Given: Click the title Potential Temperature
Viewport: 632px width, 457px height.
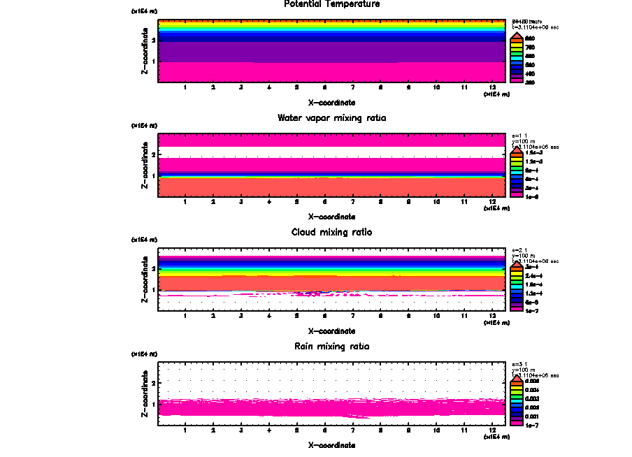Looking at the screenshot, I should (331, 4).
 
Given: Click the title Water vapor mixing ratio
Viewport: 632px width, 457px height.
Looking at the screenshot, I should (331, 118).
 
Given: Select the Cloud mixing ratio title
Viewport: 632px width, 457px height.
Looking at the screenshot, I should (331, 232).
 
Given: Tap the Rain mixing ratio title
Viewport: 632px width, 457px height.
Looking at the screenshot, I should (331, 347).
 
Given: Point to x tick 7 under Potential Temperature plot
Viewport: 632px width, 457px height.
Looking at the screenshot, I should (352, 87).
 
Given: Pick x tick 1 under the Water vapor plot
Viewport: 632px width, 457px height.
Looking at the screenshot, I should (185, 202).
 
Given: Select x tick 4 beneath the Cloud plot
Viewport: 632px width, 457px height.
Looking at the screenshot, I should (269, 316).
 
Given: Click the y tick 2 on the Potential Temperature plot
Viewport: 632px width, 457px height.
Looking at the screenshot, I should (152, 41).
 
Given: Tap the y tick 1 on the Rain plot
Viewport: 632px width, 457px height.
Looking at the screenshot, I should (152, 404).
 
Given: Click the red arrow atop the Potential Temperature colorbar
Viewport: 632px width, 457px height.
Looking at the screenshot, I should (516, 36).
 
